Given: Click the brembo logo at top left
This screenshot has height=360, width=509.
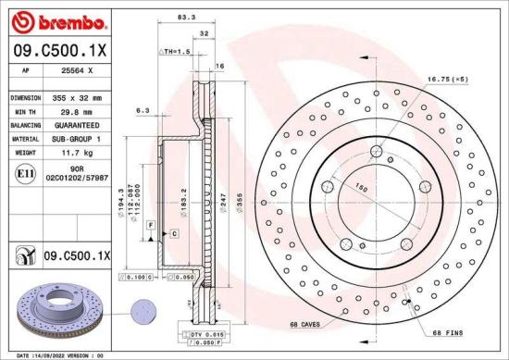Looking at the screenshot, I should click(x=48, y=20).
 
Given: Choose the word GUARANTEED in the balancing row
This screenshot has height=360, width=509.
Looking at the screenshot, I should click(x=77, y=123).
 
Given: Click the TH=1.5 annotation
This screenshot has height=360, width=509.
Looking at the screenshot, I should click(x=177, y=52).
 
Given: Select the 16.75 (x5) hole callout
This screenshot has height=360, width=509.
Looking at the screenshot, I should click(x=450, y=80).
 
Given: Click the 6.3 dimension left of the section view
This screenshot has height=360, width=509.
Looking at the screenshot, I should click(x=142, y=111).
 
